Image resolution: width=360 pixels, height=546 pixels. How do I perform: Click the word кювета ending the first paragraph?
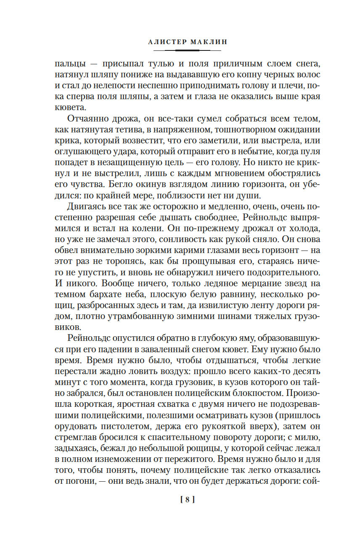68,108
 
